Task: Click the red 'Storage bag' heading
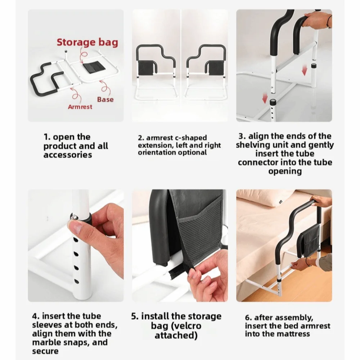(87, 42)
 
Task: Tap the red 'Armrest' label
(80, 107)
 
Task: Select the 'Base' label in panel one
(105, 99)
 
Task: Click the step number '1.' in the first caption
(47, 137)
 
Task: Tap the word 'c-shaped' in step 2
(191, 138)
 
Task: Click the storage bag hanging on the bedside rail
(307, 239)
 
